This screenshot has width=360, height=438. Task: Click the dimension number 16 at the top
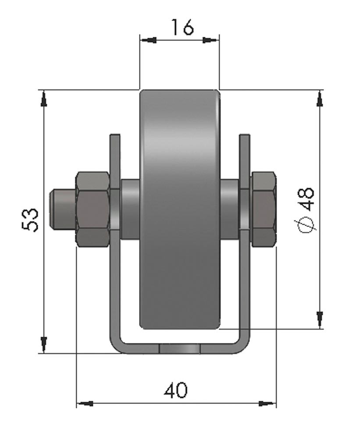182,27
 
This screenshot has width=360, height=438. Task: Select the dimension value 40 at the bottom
176,390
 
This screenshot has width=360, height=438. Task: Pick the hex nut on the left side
93,209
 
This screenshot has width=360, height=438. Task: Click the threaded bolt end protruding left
63,209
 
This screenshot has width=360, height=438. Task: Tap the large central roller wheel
180,209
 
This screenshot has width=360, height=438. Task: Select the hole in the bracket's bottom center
180,349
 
